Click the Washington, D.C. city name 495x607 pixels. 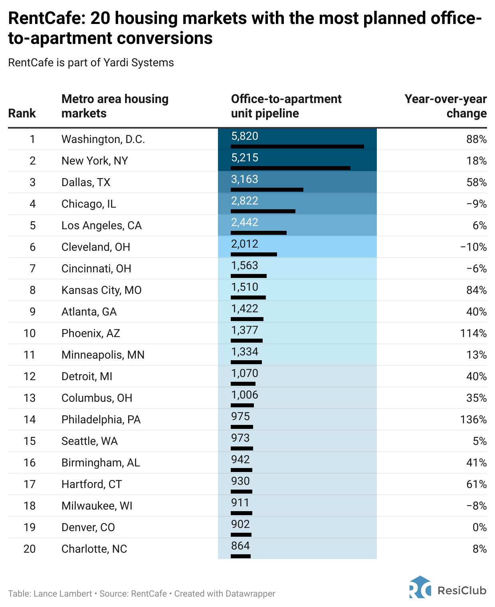pyautogui.click(x=103, y=139)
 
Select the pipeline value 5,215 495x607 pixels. pyautogui.click(x=244, y=158)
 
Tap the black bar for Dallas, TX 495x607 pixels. pyautogui.click(x=267, y=189)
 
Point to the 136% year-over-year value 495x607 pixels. pyautogui.click(x=473, y=419)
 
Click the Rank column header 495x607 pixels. pyautogui.click(x=22, y=113)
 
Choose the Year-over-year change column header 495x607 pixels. pyautogui.click(x=445, y=106)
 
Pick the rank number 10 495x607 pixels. pyautogui.click(x=30, y=333)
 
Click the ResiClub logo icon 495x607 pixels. pyautogui.click(x=420, y=587)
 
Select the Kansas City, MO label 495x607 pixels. pyautogui.click(x=101, y=290)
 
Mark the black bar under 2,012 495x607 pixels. pyautogui.click(x=253, y=254)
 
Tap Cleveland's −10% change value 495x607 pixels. pyautogui.click(x=473, y=247)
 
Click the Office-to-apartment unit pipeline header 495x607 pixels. pyautogui.click(x=286, y=106)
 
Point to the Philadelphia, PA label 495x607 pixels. pyautogui.click(x=101, y=419)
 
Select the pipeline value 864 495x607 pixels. pyautogui.click(x=240, y=546)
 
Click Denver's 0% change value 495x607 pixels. pyautogui.click(x=479, y=527)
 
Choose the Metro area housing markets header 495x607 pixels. pyautogui.click(x=115, y=106)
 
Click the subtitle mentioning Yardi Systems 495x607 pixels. pyautogui.click(x=91, y=63)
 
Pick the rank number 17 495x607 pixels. pyautogui.click(x=30, y=484)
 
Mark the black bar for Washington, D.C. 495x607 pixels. pyautogui.click(x=297, y=147)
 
